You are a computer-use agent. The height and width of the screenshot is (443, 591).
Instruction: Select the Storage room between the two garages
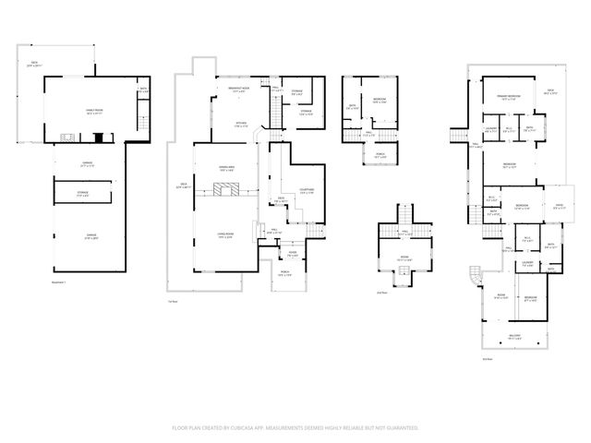pos(81,194)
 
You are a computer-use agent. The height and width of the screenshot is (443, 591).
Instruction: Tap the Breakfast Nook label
pos(238,89)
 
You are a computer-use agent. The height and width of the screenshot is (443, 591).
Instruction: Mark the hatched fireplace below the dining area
pos(227,190)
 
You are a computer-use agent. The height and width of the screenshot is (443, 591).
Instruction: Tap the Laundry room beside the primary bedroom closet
pos(491,130)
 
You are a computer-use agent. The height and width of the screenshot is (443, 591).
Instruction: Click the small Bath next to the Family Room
pos(142,91)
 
